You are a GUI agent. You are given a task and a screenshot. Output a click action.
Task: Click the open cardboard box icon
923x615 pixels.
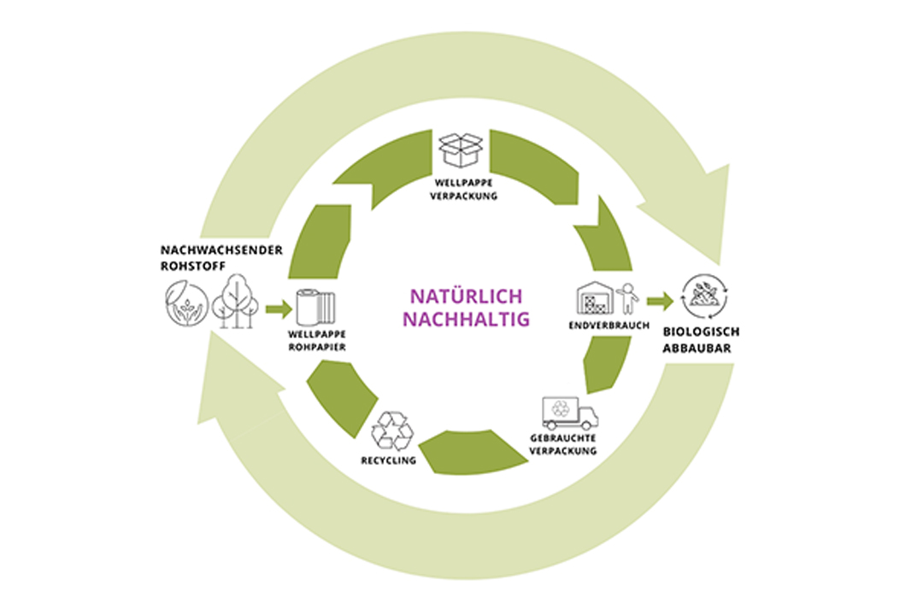pyautogui.click(x=461, y=149)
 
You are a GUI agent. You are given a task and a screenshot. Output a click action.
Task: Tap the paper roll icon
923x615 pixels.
pyautogui.click(x=316, y=307)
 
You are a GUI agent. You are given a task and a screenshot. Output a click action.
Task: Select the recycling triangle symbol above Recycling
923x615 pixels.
pyautogui.click(x=392, y=431)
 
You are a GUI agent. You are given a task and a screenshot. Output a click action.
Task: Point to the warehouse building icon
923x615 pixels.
pyautogui.click(x=596, y=299)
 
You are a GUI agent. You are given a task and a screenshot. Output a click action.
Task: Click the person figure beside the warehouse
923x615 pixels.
pyautogui.click(x=628, y=299)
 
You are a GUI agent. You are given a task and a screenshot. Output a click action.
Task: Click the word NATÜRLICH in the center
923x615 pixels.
pyautogui.click(x=466, y=296)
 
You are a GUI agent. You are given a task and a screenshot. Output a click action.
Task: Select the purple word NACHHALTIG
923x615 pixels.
pyautogui.click(x=466, y=319)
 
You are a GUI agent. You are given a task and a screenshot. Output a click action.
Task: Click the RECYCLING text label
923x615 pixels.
pyautogui.click(x=388, y=460)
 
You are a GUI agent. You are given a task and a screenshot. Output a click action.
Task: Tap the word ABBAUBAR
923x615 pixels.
pyautogui.click(x=698, y=348)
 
